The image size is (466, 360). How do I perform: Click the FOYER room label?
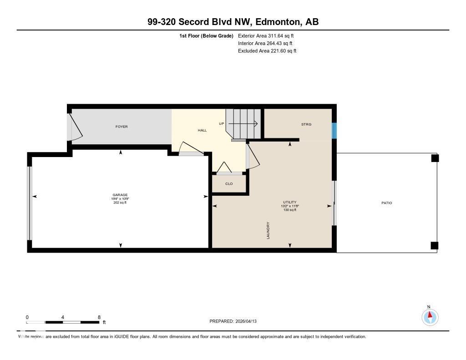click(122, 127)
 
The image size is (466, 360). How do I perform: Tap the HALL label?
click(202, 130)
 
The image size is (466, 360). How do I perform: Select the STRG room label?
click(306, 124)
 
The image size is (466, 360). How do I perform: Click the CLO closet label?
click(229, 184)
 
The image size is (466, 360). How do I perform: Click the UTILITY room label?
click(289, 202)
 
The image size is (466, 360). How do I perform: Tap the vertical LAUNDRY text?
click(268, 231)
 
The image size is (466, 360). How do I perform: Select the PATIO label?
click(386, 203)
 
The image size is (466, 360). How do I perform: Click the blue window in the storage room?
click(334, 131)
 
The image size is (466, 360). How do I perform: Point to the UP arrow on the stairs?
click(243, 123)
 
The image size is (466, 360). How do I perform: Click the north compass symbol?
click(430, 316)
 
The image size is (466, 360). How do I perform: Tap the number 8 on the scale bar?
click(99, 317)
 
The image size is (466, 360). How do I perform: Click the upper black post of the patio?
click(435, 158)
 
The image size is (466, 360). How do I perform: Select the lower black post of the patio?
click(435, 246)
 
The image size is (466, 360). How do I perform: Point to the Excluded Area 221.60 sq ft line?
click(267, 51)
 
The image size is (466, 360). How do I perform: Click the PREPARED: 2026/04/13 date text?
click(236, 321)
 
